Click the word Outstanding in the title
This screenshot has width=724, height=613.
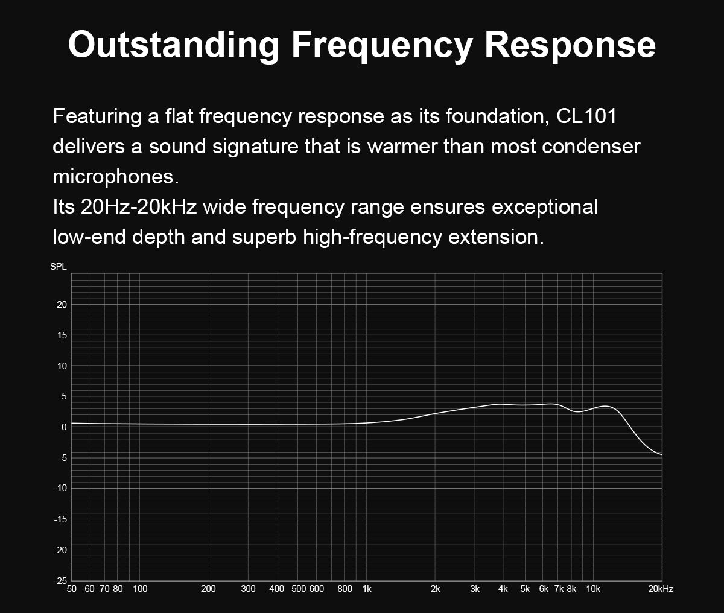point(174,45)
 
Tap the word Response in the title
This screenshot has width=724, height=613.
point(570,45)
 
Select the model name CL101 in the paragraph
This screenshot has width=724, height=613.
point(586,116)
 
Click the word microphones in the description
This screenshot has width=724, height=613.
point(116,176)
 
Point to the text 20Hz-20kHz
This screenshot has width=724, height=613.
point(139,206)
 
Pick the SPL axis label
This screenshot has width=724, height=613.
point(58,267)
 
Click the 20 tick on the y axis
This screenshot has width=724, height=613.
point(62,305)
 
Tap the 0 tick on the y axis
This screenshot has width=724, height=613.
point(64,427)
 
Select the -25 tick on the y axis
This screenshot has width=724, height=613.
point(60,581)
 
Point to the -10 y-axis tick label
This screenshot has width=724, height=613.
point(60,488)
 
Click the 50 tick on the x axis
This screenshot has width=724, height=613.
point(71,589)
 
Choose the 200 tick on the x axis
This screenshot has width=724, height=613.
point(208,589)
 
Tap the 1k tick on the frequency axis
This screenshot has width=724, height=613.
point(367,589)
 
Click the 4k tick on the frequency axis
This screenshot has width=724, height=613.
point(503,589)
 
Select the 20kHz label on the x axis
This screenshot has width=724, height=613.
point(661,589)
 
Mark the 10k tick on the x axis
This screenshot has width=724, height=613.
point(593,589)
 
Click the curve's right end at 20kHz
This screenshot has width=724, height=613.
point(662,455)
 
